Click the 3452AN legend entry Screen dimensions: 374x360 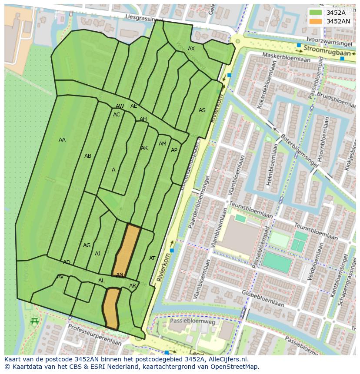(x=338, y=21)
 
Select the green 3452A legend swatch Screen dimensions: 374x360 (x=316, y=13)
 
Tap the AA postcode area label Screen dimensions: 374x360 (x=62, y=140)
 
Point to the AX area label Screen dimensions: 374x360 (x=191, y=49)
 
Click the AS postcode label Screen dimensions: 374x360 (x=202, y=110)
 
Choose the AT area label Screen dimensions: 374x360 (x=152, y=258)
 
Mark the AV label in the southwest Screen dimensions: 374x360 (x=60, y=277)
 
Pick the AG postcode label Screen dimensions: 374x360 (x=87, y=245)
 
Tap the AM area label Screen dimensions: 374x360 (x=163, y=144)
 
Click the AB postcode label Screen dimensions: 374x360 (x=88, y=156)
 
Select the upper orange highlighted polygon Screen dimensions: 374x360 (x=127, y=250)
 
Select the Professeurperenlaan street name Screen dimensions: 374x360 (x=94, y=335)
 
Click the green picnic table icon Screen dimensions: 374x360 (x=35, y=321)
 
